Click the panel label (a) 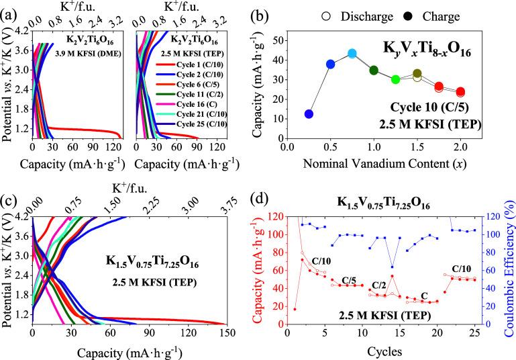coord(9,10)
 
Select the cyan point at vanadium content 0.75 coord(352,54)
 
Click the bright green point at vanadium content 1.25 coord(396,79)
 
